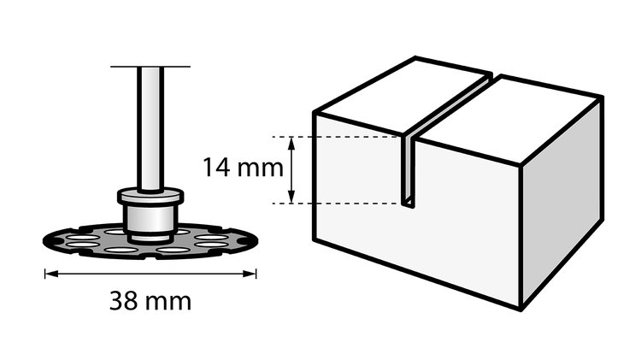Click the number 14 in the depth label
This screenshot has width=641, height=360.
point(216,168)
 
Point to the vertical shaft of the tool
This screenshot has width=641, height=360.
point(150,128)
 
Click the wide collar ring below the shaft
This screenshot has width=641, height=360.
point(150,197)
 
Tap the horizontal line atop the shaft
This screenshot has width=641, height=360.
point(150,67)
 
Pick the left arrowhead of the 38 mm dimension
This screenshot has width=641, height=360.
point(51,274)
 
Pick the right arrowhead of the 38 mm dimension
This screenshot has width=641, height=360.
point(250,274)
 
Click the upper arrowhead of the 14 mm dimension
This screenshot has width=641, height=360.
point(291,143)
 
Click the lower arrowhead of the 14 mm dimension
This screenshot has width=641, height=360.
point(291,197)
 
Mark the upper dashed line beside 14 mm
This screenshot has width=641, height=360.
point(336,137)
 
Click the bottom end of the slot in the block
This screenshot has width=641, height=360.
point(409,204)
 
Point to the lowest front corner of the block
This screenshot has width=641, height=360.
point(520,310)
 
